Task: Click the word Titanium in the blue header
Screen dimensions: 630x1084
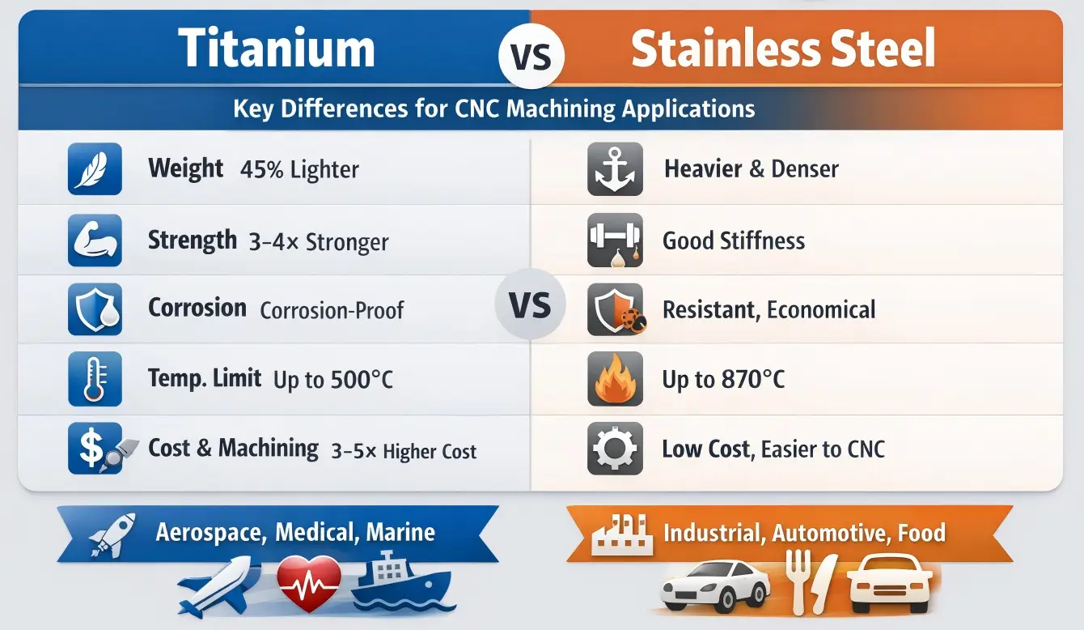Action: (x=277, y=49)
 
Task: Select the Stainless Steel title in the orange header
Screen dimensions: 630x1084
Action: (x=782, y=49)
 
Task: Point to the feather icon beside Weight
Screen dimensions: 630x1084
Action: (x=95, y=169)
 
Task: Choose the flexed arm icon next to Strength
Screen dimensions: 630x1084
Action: (x=95, y=241)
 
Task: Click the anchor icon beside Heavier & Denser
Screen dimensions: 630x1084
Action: (x=615, y=169)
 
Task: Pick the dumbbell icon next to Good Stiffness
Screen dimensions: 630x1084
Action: (x=615, y=241)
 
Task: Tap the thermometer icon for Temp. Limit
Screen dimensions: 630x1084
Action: (x=95, y=379)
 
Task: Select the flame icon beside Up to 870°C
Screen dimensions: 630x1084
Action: (x=615, y=379)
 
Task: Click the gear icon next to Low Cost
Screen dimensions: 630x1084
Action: (x=615, y=449)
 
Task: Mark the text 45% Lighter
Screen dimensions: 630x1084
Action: (x=299, y=170)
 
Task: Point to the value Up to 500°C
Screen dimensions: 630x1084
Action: (x=333, y=380)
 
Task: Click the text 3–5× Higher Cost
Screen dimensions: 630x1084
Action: (x=404, y=452)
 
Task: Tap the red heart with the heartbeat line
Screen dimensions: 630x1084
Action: (x=309, y=581)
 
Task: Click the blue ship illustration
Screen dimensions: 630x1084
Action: (x=400, y=581)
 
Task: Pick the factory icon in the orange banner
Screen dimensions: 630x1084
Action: (x=621, y=535)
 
